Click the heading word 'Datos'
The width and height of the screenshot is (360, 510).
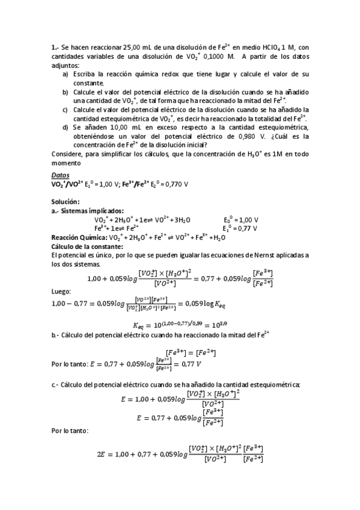tap(61, 174)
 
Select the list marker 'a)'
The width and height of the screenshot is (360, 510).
tap(66, 73)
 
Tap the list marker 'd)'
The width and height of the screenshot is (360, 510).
tap(66, 127)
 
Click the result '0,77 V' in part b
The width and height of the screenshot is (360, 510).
tap(191, 364)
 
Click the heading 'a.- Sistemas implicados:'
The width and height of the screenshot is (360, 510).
tap(88, 210)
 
